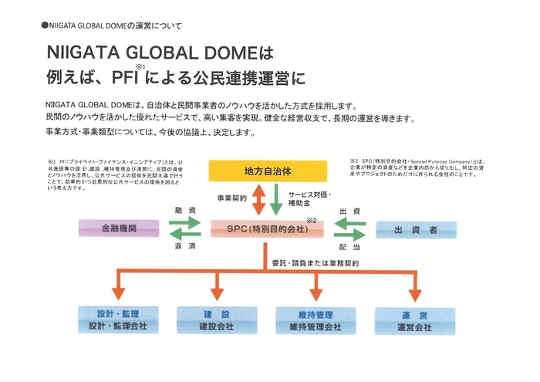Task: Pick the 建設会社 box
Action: pyautogui.click(x=216, y=321)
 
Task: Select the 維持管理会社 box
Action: pyautogui.click(x=316, y=321)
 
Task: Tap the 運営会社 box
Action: pyautogui.click(x=415, y=321)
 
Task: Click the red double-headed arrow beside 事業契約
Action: pyautogui.click(x=257, y=198)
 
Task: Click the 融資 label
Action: pyautogui.click(x=183, y=210)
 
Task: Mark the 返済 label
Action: pyautogui.click(x=183, y=245)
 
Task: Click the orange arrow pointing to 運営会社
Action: pyautogui.click(x=415, y=289)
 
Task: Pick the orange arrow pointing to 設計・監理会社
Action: pyautogui.click(x=117, y=289)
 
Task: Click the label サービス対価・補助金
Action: pyautogui.click(x=311, y=198)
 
